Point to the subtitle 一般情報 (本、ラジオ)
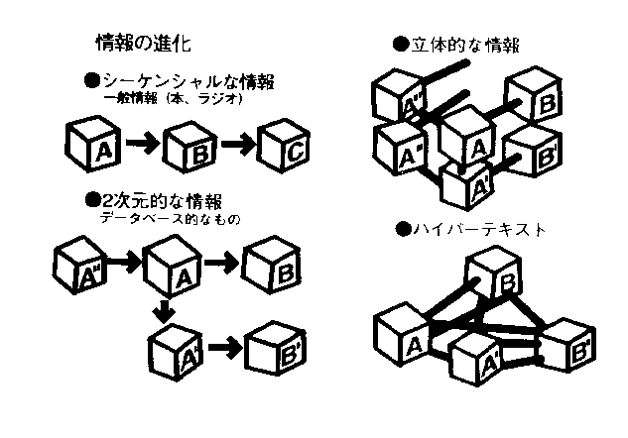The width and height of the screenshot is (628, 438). tap(173, 100)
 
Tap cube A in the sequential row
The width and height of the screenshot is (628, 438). tap(97, 147)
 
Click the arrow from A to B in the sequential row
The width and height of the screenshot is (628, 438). tap(143, 145)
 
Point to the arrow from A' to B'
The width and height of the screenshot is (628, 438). tap(222, 348)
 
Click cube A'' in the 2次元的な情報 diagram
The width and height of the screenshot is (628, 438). tap(81, 266)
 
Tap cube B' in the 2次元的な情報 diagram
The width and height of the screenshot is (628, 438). tap(274, 350)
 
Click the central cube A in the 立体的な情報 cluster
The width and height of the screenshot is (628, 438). tap(469, 138)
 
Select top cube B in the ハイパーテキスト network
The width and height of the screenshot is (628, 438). tap(495, 274)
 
